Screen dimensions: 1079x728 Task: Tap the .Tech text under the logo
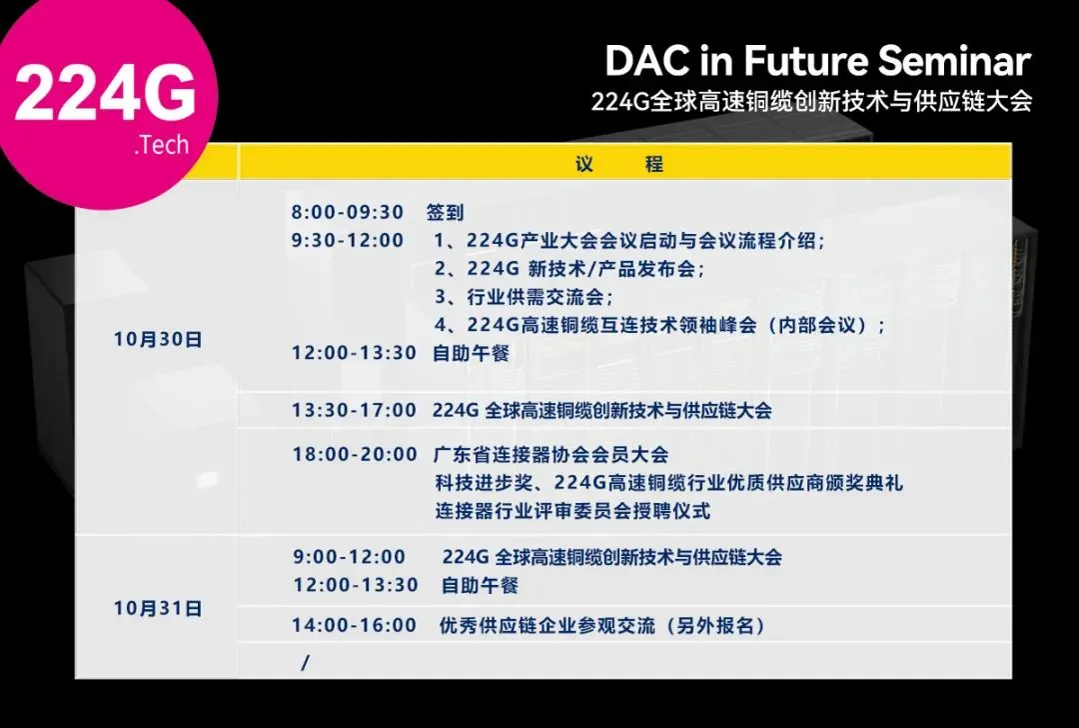point(162,145)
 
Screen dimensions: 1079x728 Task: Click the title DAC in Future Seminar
point(818,61)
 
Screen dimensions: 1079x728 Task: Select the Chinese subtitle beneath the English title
point(812,101)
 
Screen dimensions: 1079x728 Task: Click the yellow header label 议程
point(619,164)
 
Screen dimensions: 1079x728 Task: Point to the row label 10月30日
point(158,340)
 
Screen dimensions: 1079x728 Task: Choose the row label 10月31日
point(158,608)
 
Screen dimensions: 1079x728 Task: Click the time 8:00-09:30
point(347,212)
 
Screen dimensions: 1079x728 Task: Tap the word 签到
point(445,212)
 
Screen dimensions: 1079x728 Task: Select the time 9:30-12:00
point(347,240)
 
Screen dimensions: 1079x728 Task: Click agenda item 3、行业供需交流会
point(524,297)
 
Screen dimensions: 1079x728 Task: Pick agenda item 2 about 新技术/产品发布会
point(569,269)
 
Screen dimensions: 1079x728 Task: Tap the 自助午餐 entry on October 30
point(471,353)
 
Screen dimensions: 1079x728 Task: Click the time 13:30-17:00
point(354,410)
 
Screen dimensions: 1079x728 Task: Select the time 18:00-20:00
point(355,455)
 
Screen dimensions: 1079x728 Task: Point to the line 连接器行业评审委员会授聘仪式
point(571,511)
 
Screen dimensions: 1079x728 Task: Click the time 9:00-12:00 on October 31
point(349,557)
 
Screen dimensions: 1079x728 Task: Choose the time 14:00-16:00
point(354,625)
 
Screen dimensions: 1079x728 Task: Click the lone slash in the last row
point(305,663)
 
